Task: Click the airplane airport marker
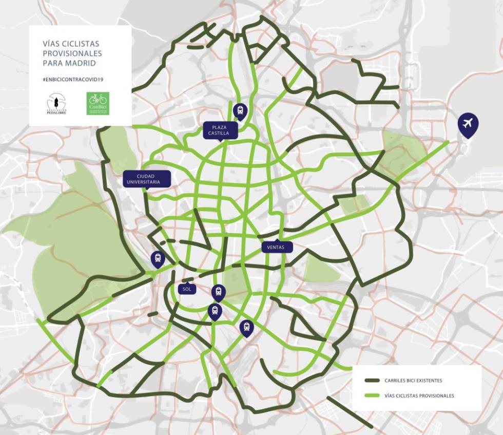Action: pos(468,124)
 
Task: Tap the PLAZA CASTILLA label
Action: pos(220,130)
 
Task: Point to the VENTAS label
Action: pos(277,248)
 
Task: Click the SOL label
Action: pos(187,289)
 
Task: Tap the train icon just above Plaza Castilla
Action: pos(240,109)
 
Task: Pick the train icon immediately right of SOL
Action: pos(219,292)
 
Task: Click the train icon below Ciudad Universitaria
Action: pos(158,258)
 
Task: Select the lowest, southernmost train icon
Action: pos(246,327)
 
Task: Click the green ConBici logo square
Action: pos(98,103)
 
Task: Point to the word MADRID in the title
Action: pos(83,63)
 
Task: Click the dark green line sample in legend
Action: pos(372,381)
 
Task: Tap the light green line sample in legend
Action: pos(372,395)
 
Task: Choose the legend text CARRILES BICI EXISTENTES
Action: pos(413,381)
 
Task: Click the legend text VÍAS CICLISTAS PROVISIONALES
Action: pos(419,395)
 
